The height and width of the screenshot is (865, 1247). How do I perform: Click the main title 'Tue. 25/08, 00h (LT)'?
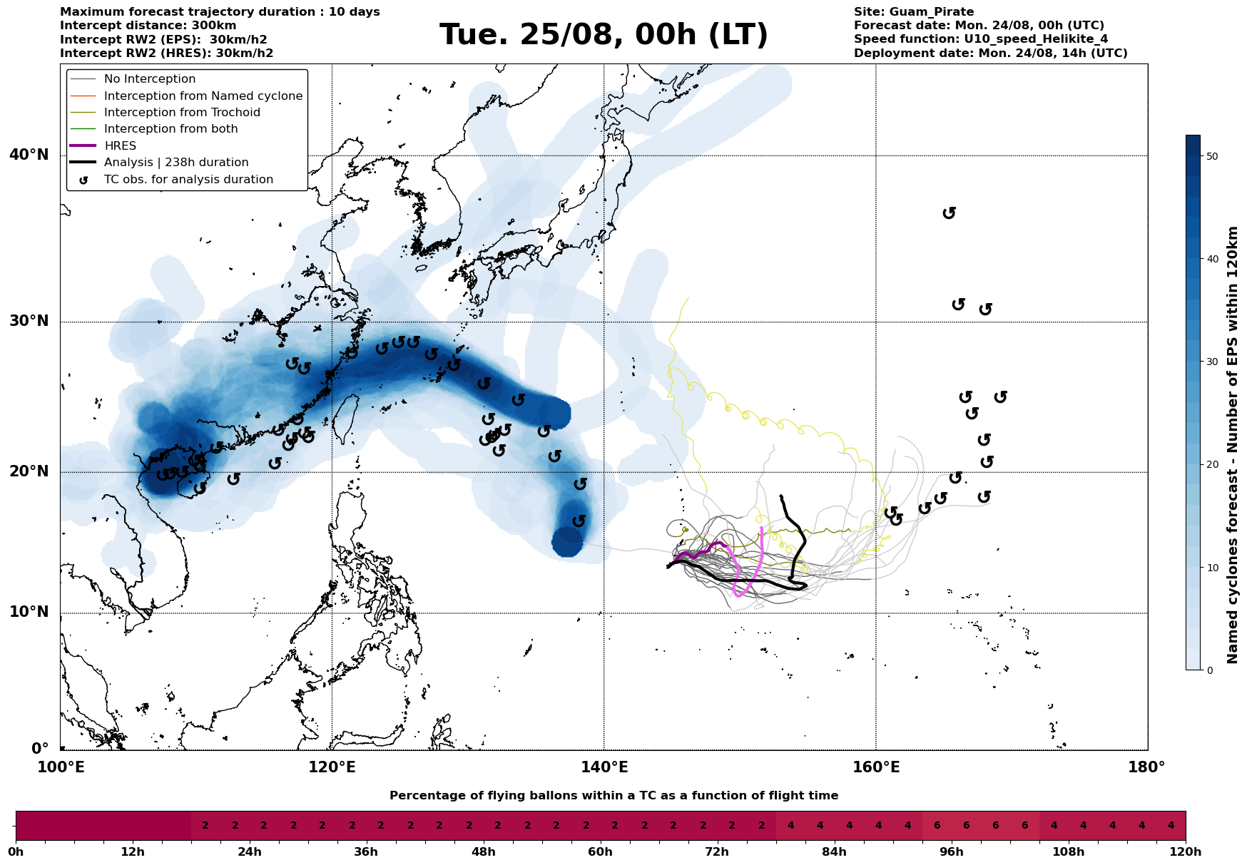click(x=604, y=35)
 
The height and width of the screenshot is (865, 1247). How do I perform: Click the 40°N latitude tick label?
click(x=29, y=155)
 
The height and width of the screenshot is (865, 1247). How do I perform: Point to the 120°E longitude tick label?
click(x=332, y=767)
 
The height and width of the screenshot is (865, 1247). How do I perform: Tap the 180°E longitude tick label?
click(x=1146, y=767)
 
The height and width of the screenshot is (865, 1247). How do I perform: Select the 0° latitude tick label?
click(x=39, y=749)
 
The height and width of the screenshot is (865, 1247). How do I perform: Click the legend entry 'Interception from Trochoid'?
click(x=182, y=113)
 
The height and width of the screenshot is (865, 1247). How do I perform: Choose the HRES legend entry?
click(x=120, y=145)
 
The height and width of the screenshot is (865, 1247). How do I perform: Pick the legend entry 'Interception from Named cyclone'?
click(x=203, y=96)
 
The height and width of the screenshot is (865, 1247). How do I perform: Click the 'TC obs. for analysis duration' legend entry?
click(x=188, y=180)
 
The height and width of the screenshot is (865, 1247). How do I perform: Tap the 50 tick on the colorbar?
click(x=1211, y=156)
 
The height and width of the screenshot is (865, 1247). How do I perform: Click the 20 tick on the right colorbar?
click(x=1211, y=465)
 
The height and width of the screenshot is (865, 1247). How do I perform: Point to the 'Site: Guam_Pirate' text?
click(x=914, y=12)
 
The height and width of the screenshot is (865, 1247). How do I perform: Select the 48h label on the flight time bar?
click(x=483, y=852)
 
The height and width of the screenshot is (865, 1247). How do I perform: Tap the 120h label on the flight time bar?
click(x=1186, y=852)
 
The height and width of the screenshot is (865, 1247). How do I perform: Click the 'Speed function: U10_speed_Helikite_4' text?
click(x=981, y=39)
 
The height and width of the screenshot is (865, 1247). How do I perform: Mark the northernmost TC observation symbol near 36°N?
click(x=949, y=213)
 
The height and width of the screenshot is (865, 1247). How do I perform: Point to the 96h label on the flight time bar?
click(x=951, y=852)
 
